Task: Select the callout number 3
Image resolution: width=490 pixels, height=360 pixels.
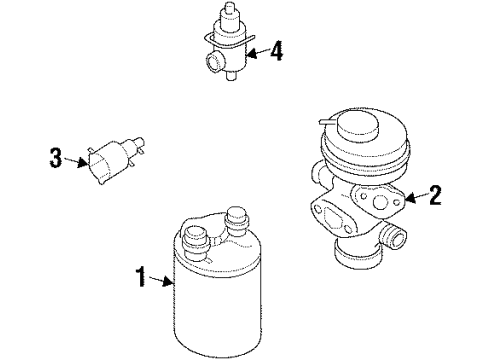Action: pyautogui.click(x=56, y=157)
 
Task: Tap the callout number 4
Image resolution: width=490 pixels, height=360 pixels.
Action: pyautogui.click(x=277, y=50)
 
